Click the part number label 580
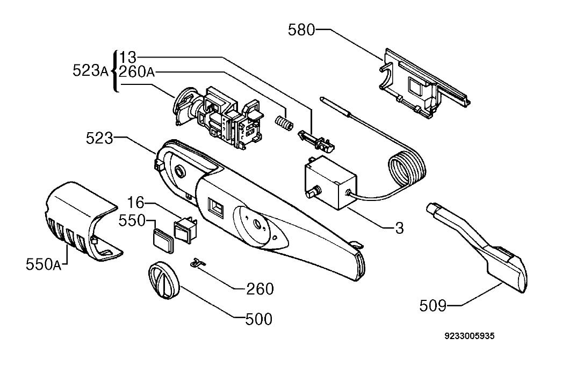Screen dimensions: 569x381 [x=301, y=30]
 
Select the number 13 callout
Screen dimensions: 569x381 [x=127, y=57]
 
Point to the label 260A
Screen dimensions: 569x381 [x=137, y=72]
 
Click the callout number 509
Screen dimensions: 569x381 [x=433, y=306]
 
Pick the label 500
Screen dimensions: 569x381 [x=259, y=319]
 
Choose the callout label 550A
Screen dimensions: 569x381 [x=44, y=264]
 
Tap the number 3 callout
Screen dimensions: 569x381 [x=399, y=228]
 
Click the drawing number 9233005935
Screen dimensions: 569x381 [x=470, y=336]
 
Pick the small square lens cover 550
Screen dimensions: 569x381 [x=162, y=239]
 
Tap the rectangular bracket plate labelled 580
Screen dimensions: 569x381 [x=424, y=84]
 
